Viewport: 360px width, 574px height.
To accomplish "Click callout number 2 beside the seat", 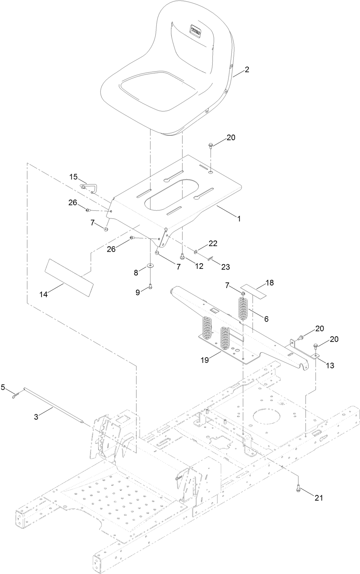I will (247, 70).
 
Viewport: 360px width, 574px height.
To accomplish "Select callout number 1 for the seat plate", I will (239, 219).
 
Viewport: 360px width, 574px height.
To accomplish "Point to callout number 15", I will (73, 177).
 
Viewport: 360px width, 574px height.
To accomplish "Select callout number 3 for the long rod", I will (36, 417).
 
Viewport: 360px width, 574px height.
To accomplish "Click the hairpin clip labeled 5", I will (14, 396).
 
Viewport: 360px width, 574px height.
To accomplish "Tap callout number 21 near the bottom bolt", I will (318, 498).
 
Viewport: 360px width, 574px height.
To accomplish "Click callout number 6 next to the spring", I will (266, 319).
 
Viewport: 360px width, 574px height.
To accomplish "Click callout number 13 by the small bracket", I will (330, 366).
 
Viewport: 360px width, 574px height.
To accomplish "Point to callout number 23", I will (226, 267).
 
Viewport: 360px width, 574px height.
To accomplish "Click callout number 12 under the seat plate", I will (199, 266).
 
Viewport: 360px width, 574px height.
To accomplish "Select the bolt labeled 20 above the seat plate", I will (211, 144).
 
